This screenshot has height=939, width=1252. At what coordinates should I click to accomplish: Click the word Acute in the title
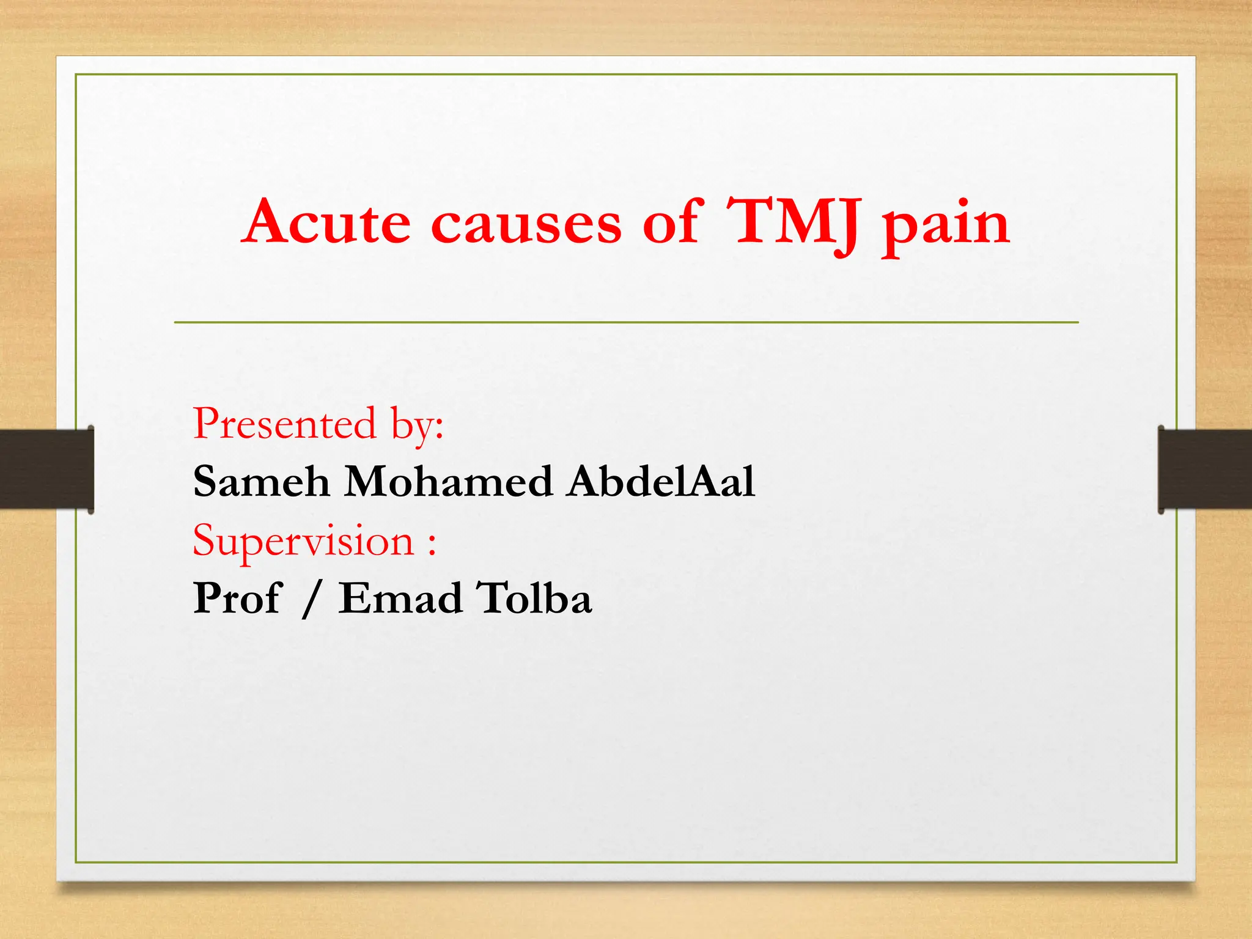coord(327,221)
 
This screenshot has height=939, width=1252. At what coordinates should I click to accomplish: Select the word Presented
coord(284,423)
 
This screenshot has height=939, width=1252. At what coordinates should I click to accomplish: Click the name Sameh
coord(262,481)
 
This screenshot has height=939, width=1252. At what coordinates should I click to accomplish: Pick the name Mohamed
coord(449,481)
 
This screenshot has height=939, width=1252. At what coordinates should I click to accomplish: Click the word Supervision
coord(304,541)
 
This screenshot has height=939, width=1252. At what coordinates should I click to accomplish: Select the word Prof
coord(237,598)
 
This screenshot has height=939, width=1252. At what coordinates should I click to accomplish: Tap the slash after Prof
coord(311,599)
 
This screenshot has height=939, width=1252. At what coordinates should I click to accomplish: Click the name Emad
coord(400,598)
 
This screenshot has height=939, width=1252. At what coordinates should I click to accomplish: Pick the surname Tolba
coord(534,598)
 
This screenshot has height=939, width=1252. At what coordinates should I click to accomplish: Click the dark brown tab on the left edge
coord(46,469)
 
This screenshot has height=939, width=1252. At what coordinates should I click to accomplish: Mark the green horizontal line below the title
coord(626,322)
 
